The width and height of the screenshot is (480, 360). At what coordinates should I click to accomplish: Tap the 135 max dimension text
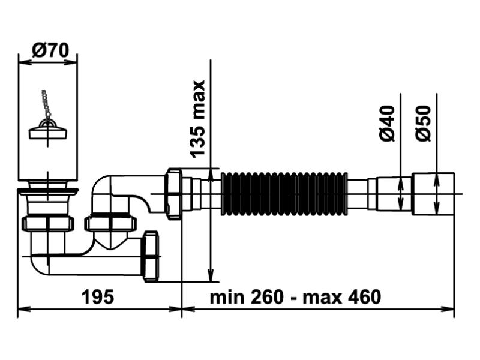(x=197, y=118)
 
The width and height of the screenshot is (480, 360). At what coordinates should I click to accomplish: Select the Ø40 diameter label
(x=388, y=122)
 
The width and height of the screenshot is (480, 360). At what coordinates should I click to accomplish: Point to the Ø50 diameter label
(x=423, y=122)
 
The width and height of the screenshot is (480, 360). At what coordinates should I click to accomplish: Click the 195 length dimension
(x=98, y=297)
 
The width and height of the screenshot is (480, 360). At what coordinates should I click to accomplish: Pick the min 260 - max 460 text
(x=295, y=297)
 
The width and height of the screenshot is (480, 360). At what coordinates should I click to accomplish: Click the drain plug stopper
(x=47, y=128)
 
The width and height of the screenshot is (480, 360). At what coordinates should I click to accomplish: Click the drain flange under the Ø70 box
(x=47, y=191)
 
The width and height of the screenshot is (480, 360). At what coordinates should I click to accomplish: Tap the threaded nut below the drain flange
(x=47, y=224)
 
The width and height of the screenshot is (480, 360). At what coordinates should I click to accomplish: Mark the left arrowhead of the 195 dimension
(x=22, y=310)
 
